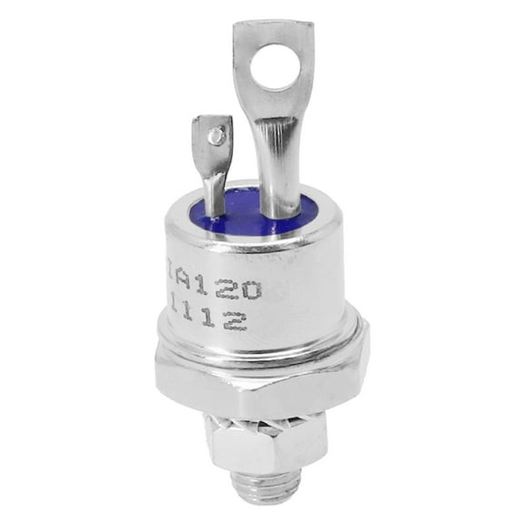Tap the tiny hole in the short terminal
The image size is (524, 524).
(x=215, y=137)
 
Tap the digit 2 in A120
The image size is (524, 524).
(x=231, y=290)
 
